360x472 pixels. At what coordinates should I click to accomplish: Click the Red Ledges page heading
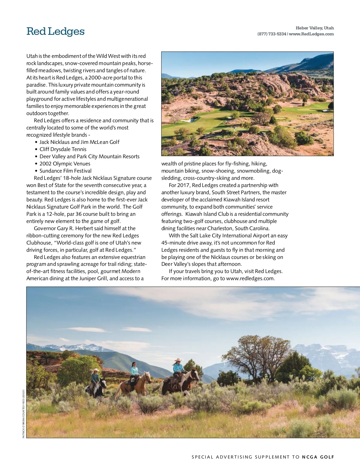55,31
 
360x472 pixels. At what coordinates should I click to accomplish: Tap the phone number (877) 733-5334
272,34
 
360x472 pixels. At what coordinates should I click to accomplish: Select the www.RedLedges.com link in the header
311,34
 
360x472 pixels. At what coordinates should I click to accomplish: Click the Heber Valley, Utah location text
315,28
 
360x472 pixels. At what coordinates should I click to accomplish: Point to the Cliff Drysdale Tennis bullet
63,149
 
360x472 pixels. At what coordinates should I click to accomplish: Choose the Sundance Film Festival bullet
65,171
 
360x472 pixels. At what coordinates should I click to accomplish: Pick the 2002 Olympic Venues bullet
65,164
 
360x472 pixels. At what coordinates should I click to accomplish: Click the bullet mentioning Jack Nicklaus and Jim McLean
79,142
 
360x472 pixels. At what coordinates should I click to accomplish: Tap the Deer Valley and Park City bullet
89,156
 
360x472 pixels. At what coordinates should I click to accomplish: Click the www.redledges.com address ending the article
250,278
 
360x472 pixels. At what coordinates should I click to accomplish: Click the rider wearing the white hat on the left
96,376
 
